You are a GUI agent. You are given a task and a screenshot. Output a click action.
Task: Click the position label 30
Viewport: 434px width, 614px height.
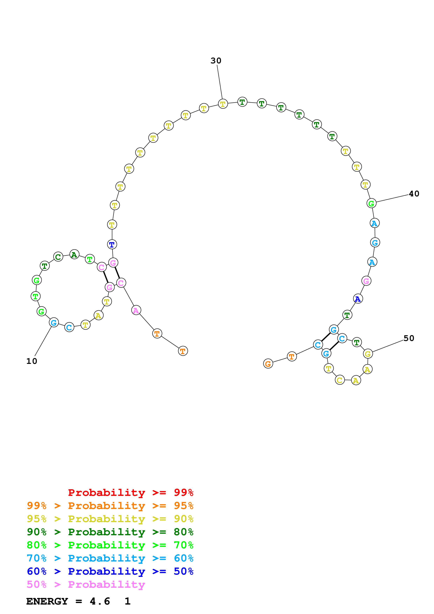coord(216,61)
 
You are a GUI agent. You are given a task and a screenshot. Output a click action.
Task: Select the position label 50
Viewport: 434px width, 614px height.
coord(409,338)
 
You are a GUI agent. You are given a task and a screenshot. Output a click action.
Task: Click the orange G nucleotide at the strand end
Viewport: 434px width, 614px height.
coord(268,364)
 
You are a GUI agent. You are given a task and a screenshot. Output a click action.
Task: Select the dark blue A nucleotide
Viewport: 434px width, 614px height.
coord(358,299)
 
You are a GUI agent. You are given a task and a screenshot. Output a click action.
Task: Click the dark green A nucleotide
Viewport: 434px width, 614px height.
coord(74,255)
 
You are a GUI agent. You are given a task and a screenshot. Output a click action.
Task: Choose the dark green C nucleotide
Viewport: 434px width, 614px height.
coord(58,257)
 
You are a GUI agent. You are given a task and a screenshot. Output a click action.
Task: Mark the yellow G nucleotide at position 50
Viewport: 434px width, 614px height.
coord(368,354)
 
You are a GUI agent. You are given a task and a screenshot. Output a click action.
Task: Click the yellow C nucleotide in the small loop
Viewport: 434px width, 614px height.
coord(340,380)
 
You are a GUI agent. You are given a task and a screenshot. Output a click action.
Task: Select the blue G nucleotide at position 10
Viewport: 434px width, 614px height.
coord(54,323)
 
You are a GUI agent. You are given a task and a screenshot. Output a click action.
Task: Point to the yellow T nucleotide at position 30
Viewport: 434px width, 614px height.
coord(223,104)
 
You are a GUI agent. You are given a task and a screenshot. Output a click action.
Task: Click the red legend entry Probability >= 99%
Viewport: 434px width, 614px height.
coord(130,492)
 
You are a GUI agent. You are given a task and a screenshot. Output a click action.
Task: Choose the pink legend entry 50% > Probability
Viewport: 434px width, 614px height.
coord(86,585)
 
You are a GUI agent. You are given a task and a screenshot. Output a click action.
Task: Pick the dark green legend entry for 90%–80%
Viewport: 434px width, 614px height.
coord(110,532)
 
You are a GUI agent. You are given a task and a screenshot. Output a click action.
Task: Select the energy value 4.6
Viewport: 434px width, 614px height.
coord(100,601)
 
